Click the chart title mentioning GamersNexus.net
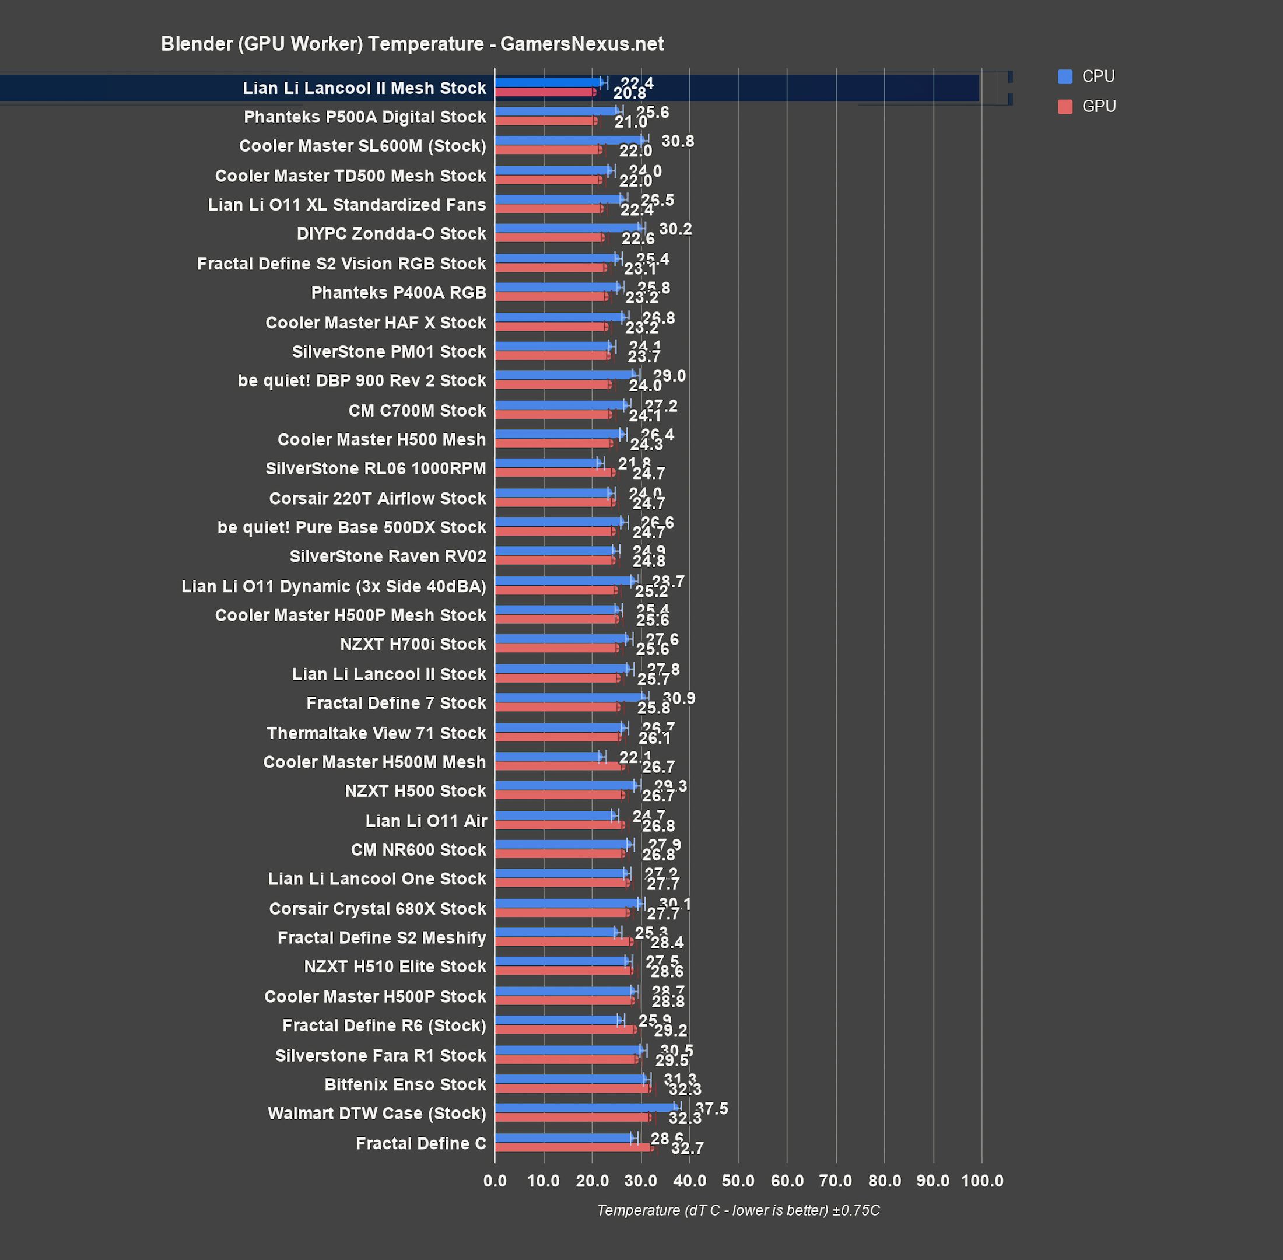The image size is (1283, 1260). [x=412, y=44]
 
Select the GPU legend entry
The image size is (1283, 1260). [x=1098, y=106]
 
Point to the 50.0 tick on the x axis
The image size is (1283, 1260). [x=738, y=1181]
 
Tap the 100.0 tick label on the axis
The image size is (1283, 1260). [x=981, y=1181]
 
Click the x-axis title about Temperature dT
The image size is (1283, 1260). [x=738, y=1210]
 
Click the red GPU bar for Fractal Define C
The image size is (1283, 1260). [x=574, y=1147]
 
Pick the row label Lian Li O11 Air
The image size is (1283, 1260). [x=426, y=821]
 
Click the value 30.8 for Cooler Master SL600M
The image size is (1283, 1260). [x=677, y=141]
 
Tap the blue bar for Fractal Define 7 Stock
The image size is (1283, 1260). [x=569, y=697]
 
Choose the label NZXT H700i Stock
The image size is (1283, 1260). [x=412, y=644]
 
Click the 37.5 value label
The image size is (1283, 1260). [x=711, y=1108]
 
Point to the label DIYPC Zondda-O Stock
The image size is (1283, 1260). [x=391, y=233]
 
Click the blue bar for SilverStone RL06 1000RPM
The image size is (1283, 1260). [x=548, y=463]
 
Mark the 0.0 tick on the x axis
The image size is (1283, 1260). [x=495, y=1181]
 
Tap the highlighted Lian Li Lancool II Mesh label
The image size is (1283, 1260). [x=364, y=88]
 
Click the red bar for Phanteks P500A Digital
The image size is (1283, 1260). [x=545, y=121]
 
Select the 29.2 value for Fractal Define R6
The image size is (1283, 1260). [x=670, y=1030]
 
